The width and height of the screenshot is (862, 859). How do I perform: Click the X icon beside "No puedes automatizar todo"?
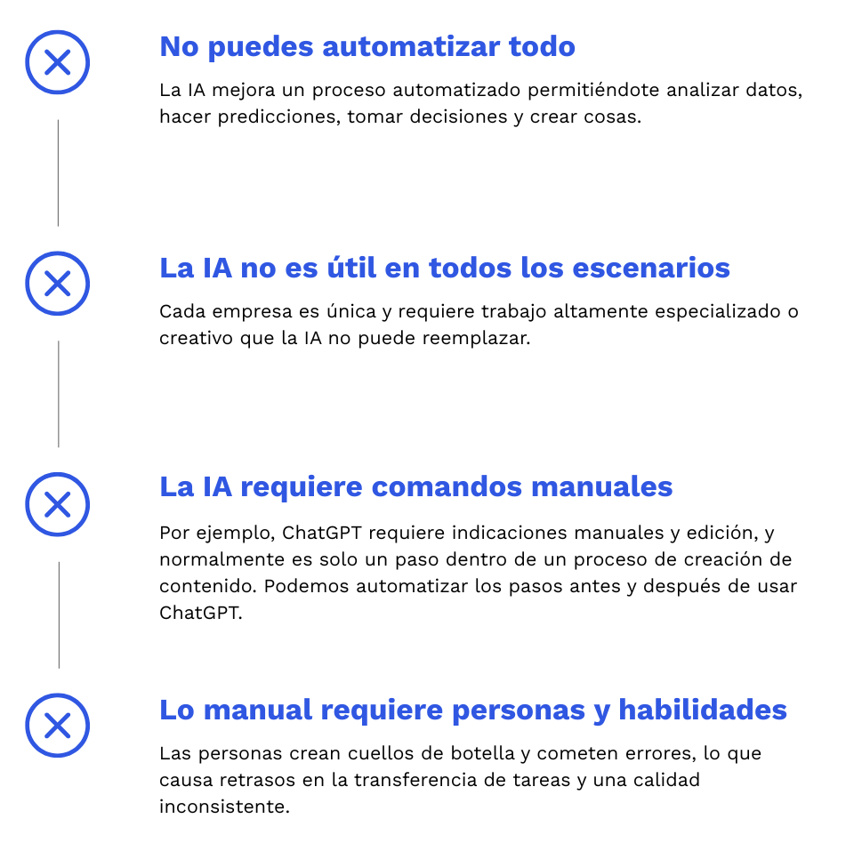58,62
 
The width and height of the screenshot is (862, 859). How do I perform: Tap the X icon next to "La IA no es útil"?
58,284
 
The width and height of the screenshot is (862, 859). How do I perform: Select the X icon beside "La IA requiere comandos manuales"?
58,504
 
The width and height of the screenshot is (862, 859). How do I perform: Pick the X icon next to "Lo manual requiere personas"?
58,726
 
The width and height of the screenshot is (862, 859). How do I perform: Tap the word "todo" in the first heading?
542,47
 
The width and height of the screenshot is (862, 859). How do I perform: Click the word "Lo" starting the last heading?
177,710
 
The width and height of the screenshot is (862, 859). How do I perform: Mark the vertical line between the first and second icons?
58,173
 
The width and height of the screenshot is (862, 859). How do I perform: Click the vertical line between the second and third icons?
59,394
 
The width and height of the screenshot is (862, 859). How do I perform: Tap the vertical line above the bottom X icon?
59,614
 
